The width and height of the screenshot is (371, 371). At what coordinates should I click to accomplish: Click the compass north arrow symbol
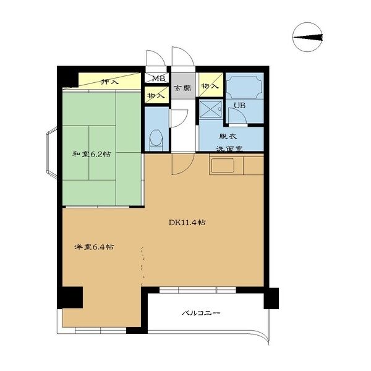307,37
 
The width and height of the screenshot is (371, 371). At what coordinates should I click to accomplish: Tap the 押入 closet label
109,82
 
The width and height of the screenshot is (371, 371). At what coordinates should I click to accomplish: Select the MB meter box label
158,79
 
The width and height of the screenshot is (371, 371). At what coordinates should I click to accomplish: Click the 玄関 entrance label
182,88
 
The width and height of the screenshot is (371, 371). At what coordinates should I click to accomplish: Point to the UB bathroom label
239,106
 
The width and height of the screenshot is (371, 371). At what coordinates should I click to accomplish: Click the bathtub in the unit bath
245,87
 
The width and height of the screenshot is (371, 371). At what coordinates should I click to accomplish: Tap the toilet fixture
156,140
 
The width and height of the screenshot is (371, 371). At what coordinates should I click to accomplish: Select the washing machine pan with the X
210,109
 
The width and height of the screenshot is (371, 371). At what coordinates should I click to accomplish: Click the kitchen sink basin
223,166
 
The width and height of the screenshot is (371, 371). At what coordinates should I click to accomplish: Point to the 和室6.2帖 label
92,154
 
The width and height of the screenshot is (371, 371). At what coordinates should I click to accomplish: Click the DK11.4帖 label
187,223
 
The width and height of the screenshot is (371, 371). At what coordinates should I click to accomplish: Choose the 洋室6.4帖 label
94,247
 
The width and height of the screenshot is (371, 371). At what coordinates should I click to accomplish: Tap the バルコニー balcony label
201,313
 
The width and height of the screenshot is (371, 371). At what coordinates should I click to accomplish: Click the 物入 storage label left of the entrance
156,96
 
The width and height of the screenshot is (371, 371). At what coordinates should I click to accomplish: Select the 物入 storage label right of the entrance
210,86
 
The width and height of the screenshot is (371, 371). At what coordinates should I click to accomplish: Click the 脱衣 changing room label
228,136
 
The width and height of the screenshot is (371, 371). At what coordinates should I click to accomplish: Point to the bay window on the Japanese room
52,153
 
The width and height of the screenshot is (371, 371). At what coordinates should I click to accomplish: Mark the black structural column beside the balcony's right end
271,298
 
